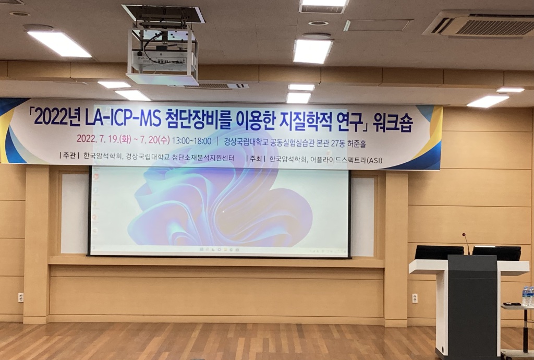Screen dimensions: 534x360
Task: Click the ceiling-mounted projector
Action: point(163,56)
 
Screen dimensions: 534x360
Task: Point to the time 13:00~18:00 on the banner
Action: point(191,140)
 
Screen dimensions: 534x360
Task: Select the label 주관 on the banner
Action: point(69,156)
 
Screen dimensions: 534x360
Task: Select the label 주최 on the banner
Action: point(256,159)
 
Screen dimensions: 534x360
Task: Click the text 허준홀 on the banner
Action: point(357,143)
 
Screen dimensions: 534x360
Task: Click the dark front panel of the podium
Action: point(472,307)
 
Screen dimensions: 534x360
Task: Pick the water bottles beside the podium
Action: point(528,296)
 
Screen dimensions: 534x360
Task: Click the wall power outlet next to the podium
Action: point(415,298)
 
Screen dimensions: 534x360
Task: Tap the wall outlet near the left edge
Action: point(21,297)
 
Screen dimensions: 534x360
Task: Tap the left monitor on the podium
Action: point(439,253)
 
